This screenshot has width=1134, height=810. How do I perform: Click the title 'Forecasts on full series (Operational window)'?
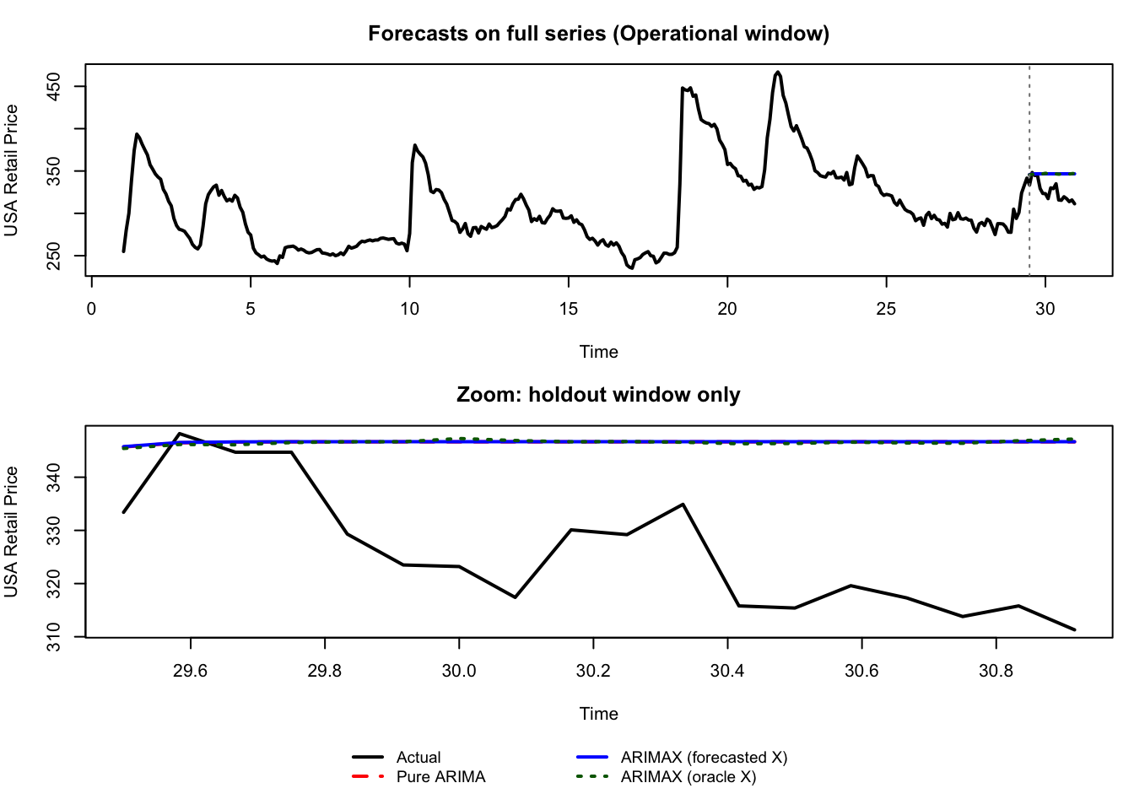598,34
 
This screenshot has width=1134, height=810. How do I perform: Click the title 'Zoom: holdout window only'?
598,395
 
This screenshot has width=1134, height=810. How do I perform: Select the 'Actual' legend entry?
418,758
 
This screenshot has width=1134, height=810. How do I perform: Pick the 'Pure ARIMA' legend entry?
440,777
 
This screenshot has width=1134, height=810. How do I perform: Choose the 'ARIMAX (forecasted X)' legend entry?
704,758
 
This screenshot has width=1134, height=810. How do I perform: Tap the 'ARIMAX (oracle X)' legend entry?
688,777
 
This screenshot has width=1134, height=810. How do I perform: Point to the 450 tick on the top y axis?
54,86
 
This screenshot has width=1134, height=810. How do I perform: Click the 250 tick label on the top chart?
54,256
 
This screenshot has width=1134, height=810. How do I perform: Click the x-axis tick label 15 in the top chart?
568,309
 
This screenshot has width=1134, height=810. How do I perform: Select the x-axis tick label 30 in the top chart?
1045,309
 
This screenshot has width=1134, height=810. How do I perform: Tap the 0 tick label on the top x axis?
91,309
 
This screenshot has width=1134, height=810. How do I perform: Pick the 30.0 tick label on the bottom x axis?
459,671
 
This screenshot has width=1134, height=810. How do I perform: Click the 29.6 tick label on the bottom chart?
191,671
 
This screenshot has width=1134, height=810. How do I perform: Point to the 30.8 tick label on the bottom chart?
996,671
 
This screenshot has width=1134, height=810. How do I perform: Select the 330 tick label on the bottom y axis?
54,531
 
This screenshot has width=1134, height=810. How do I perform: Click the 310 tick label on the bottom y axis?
54,636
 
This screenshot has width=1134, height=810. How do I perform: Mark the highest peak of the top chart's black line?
777,73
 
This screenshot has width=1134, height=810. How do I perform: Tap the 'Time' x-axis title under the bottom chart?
598,714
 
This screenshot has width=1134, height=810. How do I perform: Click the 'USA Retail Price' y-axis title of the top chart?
12,170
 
